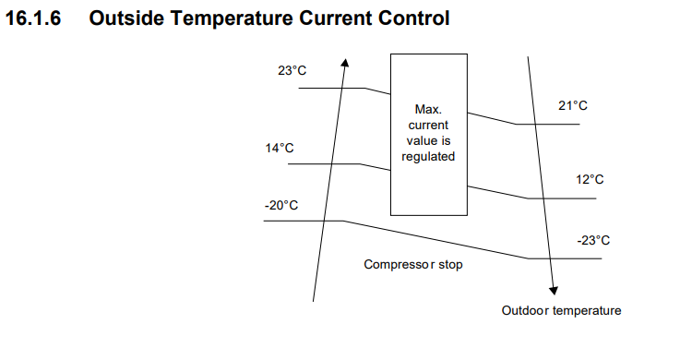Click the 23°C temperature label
click(292, 71)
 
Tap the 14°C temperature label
click(280, 148)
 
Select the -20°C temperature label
click(281, 206)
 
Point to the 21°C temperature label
click(573, 105)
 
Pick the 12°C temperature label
click(590, 179)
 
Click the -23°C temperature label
click(593, 240)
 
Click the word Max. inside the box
click(428, 109)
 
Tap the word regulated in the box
click(428, 157)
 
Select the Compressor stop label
click(413, 265)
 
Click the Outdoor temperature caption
click(561, 310)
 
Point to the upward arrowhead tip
click(346, 59)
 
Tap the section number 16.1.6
click(33, 18)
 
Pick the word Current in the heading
click(336, 18)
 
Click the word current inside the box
click(428, 126)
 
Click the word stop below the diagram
click(450, 265)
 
